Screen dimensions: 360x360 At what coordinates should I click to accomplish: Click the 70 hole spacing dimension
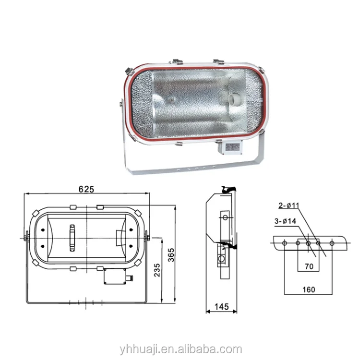click(x=309, y=265)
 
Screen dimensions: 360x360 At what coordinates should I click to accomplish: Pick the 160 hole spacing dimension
click(x=309, y=289)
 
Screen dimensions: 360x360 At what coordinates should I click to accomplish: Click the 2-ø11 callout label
click(x=289, y=206)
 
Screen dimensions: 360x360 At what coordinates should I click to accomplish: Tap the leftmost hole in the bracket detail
click(x=284, y=242)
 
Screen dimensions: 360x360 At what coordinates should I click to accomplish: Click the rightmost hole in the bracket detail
click(x=332, y=242)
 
